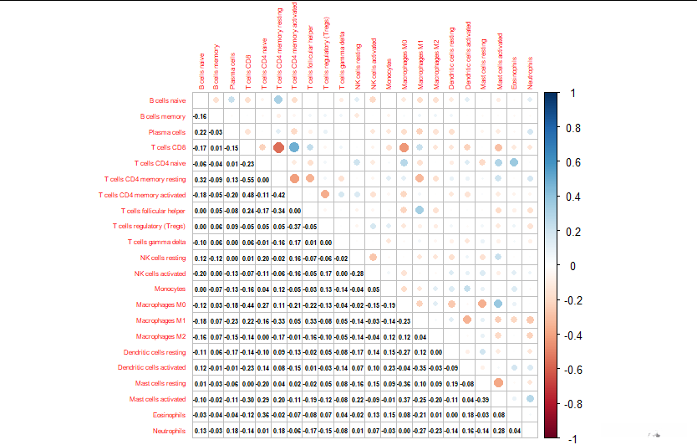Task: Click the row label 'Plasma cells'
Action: pyautogui.click(x=167, y=132)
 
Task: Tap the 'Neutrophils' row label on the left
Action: pyautogui.click(x=168, y=431)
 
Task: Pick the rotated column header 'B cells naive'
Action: pyautogui.click(x=201, y=70)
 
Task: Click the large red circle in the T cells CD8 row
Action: pyautogui.click(x=278, y=147)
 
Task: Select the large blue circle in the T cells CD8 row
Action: pyautogui.click(x=294, y=147)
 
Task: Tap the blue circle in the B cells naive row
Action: pyautogui.click(x=278, y=100)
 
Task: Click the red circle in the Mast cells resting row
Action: pyautogui.click(x=499, y=383)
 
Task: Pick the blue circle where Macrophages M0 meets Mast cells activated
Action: pyautogui.click(x=499, y=304)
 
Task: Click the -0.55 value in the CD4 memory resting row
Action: pyautogui.click(x=247, y=180)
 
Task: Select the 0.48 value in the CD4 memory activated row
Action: pyautogui.click(x=247, y=195)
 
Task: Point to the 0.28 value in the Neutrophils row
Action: pyautogui.click(x=499, y=431)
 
